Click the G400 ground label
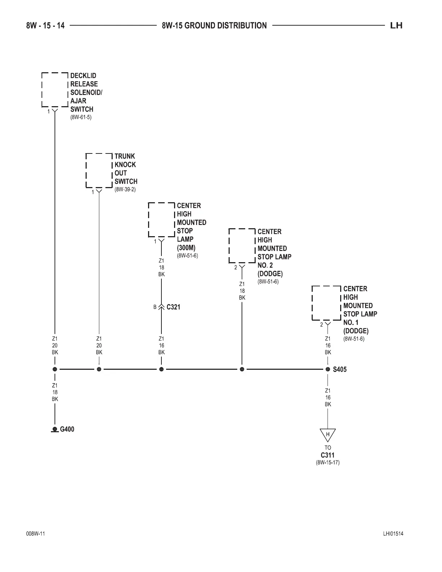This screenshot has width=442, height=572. click(x=67, y=429)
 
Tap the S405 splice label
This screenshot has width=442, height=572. click(x=339, y=369)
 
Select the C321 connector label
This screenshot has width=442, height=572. click(x=173, y=307)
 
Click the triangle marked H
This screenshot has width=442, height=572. click(x=328, y=435)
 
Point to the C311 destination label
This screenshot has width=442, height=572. click(x=328, y=455)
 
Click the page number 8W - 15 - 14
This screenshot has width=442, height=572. click(x=45, y=26)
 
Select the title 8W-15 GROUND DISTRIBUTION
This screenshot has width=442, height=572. click(x=214, y=26)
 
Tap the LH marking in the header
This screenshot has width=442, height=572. click(x=396, y=26)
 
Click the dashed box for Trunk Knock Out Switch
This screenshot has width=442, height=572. click(x=99, y=170)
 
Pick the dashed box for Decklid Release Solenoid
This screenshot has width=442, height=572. click(x=55, y=90)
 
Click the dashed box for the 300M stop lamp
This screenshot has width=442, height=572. click(x=161, y=220)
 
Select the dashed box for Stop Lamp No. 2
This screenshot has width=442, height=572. click(x=242, y=246)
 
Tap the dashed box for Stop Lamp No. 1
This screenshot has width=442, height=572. click(x=326, y=303)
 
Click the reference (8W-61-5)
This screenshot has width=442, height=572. click(x=81, y=117)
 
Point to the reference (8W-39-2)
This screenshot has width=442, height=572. click(x=125, y=190)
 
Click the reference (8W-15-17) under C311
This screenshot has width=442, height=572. click(x=328, y=463)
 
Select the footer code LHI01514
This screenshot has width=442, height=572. click(x=393, y=534)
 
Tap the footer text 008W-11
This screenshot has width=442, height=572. click(x=35, y=534)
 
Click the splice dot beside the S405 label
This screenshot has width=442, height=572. click(x=328, y=369)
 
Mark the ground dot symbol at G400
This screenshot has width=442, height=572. click(x=55, y=429)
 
